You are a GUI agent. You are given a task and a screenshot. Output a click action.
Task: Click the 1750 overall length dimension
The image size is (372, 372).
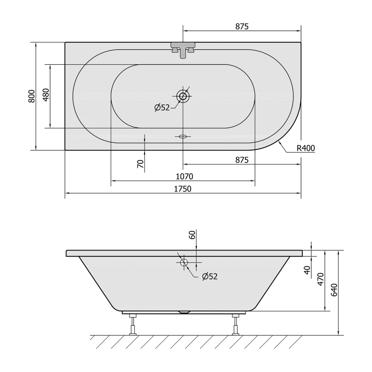coord(183,189)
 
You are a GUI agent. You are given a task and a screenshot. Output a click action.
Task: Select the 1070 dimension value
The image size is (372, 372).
coord(184,177)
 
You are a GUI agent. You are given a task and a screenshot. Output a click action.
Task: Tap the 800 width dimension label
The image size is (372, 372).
coord(32,96)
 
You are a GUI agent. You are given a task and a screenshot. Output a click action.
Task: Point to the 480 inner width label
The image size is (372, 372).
coord(46,95)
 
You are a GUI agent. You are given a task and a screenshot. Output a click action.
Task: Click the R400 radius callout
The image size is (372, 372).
coord(306,148)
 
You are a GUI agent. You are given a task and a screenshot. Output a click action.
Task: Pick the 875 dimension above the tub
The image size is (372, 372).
coord(242,27)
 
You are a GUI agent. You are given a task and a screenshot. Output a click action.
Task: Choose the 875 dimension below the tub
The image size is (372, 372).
coord(242,160)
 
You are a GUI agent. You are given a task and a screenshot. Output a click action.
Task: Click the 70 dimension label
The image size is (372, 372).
coord(140,164)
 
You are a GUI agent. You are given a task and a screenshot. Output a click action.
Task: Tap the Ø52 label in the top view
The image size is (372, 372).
coord(162,108)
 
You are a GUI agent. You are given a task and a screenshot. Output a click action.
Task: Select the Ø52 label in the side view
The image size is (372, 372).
coord(210,276)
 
